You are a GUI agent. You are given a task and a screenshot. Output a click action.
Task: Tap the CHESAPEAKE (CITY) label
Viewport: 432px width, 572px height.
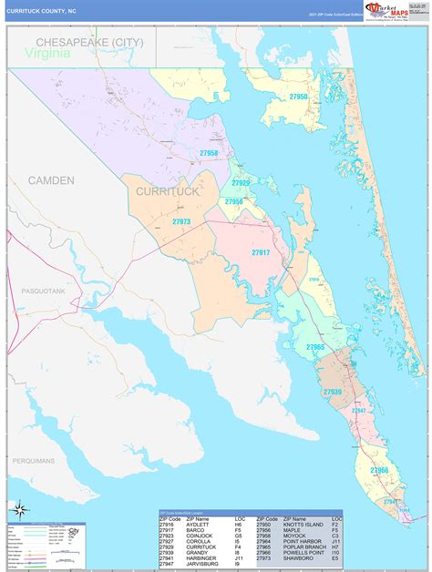89,43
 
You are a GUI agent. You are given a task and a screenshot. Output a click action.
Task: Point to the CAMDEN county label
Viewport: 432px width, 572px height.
51,180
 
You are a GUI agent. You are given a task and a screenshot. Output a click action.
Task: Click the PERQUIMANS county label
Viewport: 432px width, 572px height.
35,461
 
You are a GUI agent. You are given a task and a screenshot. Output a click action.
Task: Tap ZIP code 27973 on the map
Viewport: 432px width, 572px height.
181,221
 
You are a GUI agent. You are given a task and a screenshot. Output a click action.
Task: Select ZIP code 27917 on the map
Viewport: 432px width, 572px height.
260,252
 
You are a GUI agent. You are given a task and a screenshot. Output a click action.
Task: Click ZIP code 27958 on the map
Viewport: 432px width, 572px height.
209,153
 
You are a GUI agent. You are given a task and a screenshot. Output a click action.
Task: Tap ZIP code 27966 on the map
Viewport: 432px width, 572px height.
378,470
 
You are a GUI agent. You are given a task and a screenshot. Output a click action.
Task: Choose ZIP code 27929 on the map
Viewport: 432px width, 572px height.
240,183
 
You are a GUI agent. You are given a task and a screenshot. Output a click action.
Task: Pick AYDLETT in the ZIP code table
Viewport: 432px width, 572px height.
197,525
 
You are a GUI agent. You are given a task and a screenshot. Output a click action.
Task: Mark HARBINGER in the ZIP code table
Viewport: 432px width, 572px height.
201,557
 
